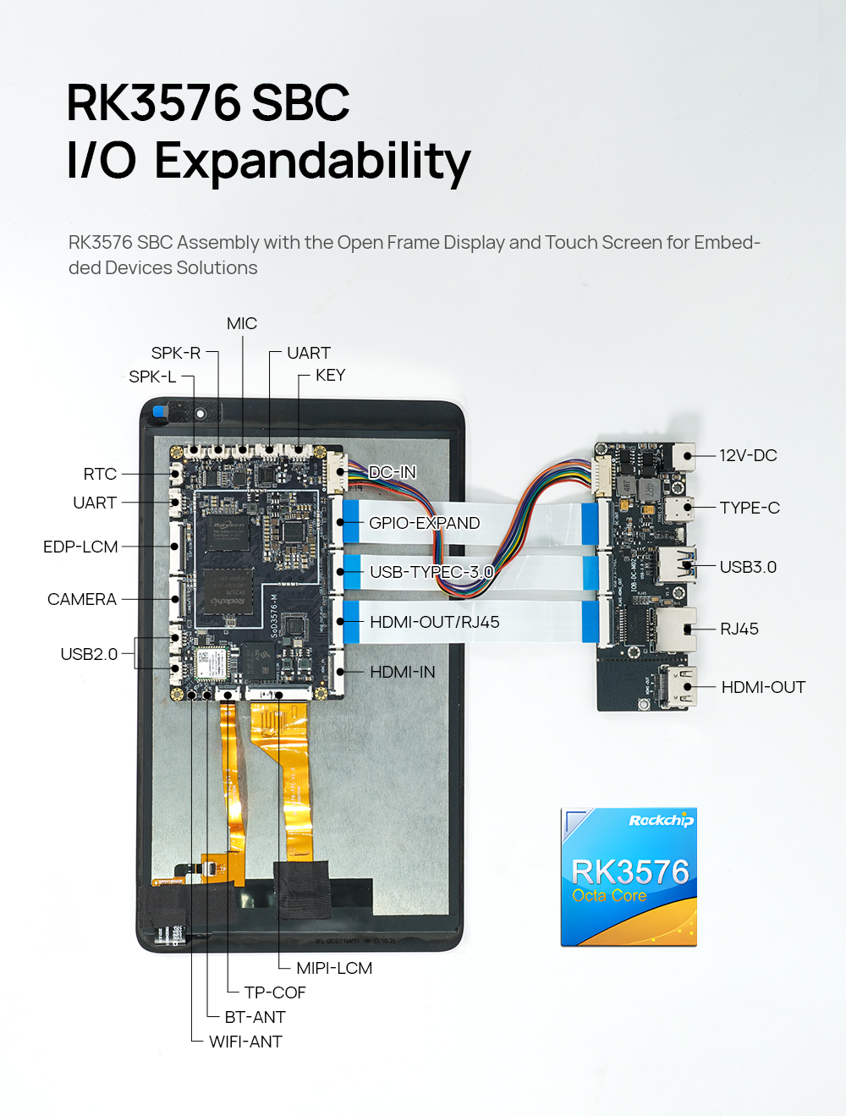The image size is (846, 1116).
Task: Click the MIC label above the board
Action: pos(241,324)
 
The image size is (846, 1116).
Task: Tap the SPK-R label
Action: pos(176,354)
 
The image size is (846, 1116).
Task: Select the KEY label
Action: pos(330,376)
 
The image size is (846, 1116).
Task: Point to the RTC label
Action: pos(100,475)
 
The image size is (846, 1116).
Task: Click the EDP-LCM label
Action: pos(80,547)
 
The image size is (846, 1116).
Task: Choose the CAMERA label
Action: pos(82,600)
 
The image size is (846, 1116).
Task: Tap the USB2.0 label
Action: pos(89,654)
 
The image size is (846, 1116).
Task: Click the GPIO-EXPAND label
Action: pos(424,524)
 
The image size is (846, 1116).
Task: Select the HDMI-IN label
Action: pos(403,673)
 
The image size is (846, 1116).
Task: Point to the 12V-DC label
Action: pos(748,456)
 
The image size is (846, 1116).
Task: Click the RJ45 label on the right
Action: pos(739,629)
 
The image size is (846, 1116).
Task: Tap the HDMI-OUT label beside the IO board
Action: pos(763,688)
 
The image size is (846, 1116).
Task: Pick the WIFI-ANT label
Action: pos(245,1042)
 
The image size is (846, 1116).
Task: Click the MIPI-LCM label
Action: pos(334,969)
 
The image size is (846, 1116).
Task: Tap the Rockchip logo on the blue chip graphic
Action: pos(661,821)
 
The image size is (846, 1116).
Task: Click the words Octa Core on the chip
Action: pos(609,896)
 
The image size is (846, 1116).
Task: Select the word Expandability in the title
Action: pos(312,162)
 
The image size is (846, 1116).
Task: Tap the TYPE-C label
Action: pos(750,509)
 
